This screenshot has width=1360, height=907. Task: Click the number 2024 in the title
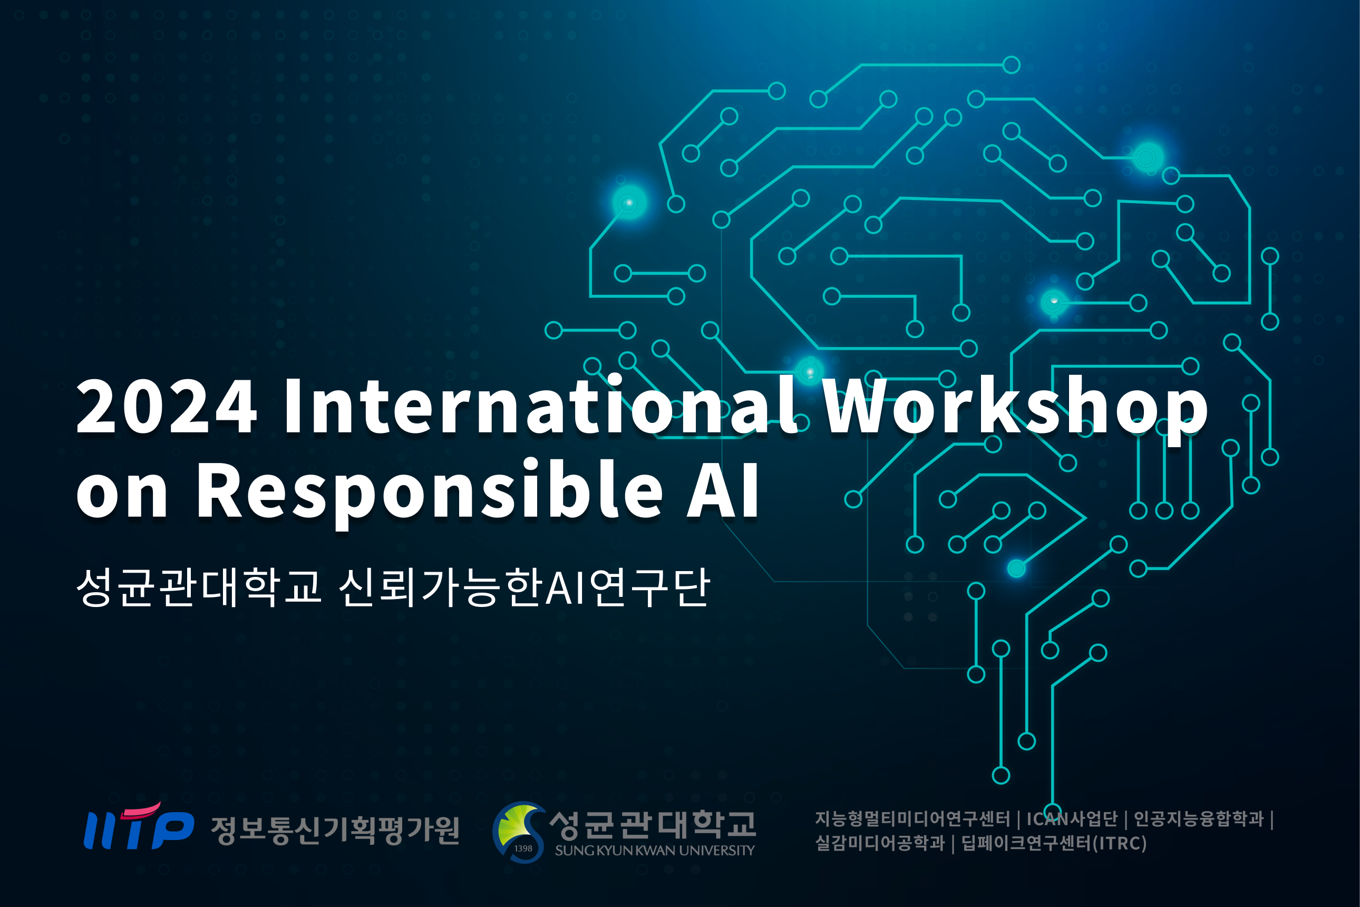point(167,406)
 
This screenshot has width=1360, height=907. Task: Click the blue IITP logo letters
point(139,829)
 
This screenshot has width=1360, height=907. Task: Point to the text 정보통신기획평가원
point(335,831)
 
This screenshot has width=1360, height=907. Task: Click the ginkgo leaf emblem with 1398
point(519,832)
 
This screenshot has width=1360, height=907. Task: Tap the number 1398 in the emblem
point(523,848)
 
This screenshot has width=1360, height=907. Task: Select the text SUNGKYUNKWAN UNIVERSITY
point(655,850)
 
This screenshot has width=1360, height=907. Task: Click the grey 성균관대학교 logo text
point(652,825)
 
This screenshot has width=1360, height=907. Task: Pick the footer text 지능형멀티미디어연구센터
point(912,819)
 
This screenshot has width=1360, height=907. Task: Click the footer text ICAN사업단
point(1072,819)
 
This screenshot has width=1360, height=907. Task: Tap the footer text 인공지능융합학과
point(1199,819)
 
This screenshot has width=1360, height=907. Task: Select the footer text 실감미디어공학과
point(880,843)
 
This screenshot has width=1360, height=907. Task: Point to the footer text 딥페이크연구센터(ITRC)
point(1054,843)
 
